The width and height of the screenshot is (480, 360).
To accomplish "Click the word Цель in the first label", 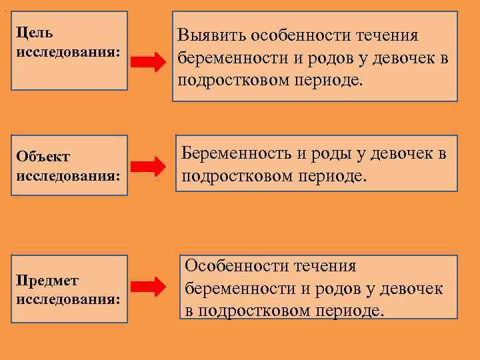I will point(35,32).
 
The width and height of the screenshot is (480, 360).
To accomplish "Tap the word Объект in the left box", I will point(43,157).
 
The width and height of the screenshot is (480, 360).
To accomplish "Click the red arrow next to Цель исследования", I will point(147,63).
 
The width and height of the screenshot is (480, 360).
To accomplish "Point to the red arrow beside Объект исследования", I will point(147,167).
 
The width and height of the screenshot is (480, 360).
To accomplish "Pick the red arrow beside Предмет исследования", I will point(147,287).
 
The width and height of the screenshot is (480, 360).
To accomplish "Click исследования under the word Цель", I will point(69,52).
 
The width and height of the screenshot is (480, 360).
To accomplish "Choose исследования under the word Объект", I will point(69,177).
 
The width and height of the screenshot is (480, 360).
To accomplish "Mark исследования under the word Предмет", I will point(69,300).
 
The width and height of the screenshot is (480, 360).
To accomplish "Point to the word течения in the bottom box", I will point(326,266).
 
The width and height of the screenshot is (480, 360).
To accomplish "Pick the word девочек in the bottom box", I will point(411,289).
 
